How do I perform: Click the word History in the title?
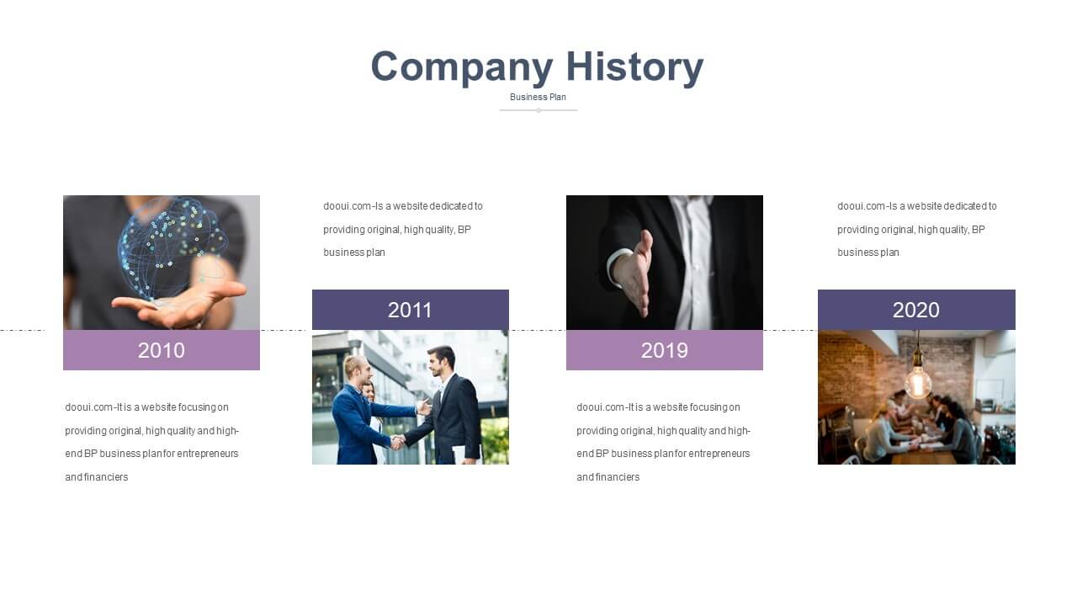(x=634, y=67)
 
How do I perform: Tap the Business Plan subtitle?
(x=538, y=97)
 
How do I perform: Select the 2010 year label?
(x=161, y=351)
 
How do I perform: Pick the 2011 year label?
(x=410, y=311)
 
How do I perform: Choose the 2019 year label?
(x=665, y=351)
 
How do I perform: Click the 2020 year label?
(x=916, y=311)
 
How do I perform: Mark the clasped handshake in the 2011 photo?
(x=397, y=442)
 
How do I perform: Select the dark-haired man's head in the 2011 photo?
(x=442, y=362)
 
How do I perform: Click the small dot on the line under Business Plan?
(x=538, y=110)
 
